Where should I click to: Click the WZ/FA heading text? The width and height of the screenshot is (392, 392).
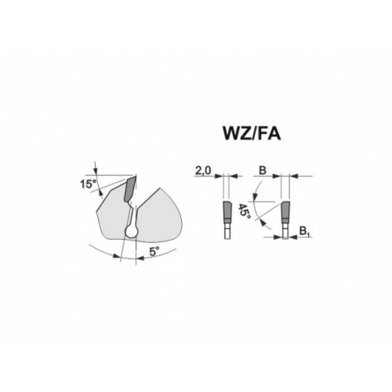252,134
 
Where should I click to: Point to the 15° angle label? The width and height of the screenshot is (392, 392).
87,184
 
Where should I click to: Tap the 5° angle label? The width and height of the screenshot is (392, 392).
154,252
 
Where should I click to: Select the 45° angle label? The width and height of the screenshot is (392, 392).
244,212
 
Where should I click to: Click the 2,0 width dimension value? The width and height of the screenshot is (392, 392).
202,171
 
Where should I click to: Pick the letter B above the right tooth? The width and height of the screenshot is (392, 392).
263,171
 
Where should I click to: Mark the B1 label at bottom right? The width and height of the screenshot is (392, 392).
304,231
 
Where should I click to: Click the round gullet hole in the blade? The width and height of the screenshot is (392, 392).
132,231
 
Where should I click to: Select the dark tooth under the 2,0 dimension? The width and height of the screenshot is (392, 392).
227,211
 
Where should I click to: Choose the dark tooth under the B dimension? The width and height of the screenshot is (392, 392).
285,211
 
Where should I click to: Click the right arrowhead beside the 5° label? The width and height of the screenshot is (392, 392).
140,258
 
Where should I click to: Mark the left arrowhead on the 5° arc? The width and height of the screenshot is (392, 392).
116,256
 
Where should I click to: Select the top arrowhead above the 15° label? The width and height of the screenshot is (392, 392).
96,171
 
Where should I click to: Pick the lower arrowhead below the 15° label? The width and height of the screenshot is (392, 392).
100,192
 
